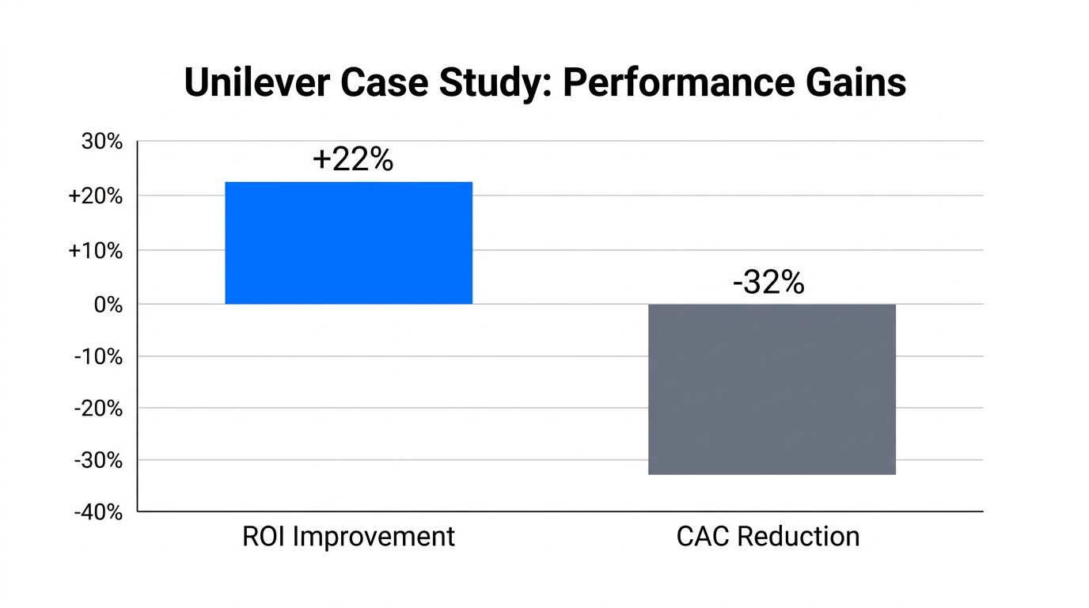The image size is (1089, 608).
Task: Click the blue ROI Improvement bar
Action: point(348,243)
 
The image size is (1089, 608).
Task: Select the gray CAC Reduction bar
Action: point(772,389)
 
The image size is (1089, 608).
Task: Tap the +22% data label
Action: point(353,160)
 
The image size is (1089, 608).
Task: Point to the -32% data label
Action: point(768,283)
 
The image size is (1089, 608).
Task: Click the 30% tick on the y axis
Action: point(102,142)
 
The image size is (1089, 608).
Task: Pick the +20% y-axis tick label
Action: point(96,196)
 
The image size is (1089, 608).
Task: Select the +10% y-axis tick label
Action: point(96,251)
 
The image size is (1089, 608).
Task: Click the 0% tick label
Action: point(108,305)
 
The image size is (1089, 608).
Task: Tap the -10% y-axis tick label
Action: point(99,357)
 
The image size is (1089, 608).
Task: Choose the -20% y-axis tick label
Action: point(99,408)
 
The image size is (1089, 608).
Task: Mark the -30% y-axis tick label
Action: point(99,461)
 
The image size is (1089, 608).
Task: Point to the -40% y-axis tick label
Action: point(99,512)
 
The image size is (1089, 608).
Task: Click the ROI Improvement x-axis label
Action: point(348,537)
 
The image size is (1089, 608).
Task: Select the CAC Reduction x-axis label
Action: point(768,537)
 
